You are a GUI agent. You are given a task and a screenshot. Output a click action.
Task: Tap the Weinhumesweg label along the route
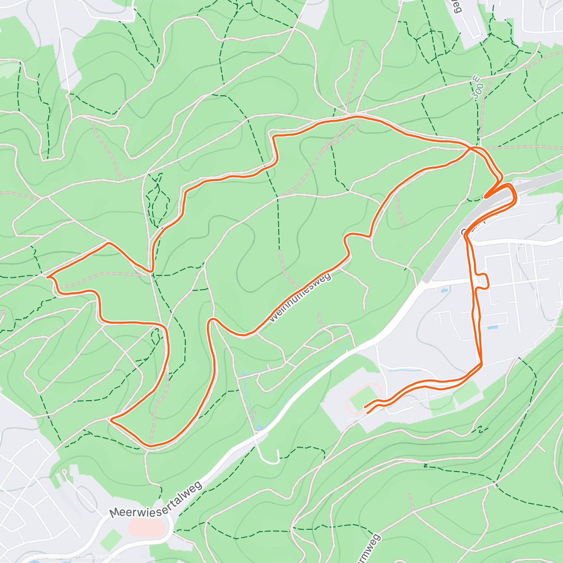301,297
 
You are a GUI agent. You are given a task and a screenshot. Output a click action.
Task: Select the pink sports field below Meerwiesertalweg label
147,527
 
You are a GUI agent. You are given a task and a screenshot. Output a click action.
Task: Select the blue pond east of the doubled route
492,327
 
